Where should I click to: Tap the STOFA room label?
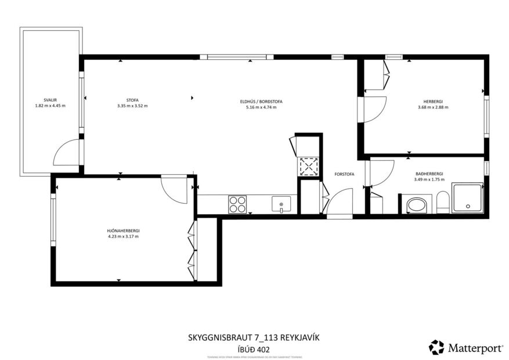tap(132, 100)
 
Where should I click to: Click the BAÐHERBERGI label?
tap(429, 174)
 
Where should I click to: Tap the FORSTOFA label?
tap(344, 174)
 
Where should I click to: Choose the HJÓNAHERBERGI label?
tap(124, 231)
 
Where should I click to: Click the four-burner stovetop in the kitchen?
tap(237, 204)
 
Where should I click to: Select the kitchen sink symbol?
tap(281, 204)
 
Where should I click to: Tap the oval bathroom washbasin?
tap(416, 205)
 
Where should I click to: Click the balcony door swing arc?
tap(67, 153)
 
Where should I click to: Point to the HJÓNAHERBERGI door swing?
tap(175, 189)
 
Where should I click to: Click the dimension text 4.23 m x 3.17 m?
tap(124, 236)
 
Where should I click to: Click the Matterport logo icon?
tap(436, 347)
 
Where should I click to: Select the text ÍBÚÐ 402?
tap(254, 350)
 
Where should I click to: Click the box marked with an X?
tap(309, 167)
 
